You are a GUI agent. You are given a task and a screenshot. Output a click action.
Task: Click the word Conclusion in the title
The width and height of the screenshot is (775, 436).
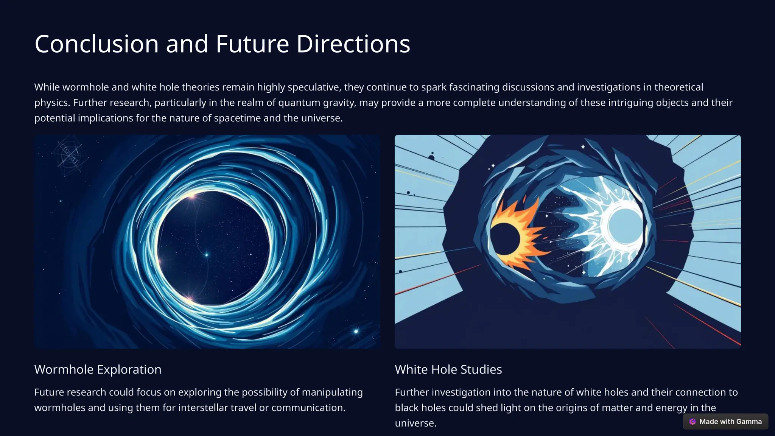click(x=96, y=44)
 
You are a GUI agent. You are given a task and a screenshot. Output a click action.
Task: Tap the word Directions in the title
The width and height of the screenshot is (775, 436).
click(x=353, y=44)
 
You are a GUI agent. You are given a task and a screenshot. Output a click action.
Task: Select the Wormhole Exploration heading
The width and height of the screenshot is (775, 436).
click(x=98, y=369)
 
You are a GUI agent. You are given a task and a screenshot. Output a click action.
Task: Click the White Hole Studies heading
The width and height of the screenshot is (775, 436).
click(x=448, y=369)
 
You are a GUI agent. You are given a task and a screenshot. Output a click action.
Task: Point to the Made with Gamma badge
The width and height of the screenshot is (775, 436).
click(x=725, y=422)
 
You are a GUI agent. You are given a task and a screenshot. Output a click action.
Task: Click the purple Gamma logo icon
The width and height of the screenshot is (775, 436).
click(x=693, y=422)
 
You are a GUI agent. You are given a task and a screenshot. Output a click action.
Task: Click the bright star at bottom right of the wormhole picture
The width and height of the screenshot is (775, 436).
click(x=356, y=332)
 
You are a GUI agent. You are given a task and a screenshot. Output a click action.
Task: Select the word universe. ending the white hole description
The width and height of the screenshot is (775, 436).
click(x=416, y=423)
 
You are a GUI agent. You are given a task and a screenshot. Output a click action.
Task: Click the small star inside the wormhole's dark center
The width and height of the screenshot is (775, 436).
click(x=207, y=255)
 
